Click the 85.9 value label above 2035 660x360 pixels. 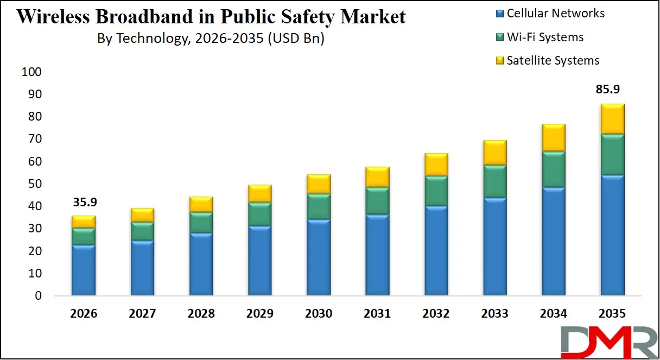point(612,89)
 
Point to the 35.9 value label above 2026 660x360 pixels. point(84,202)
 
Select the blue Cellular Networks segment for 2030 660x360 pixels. point(319,257)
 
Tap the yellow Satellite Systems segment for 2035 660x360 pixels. point(612,118)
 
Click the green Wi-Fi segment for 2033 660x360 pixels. point(494,181)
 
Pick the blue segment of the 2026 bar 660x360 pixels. point(84,270)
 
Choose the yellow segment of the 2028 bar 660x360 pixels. point(201,204)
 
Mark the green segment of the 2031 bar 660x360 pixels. point(377,200)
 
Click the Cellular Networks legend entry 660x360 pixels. point(549,14)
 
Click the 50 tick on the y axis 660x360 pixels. point(35,184)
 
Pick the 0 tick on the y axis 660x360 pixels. point(38,296)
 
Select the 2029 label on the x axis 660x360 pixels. point(259,313)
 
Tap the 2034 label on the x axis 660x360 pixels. point(553,313)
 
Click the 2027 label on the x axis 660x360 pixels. point(142,313)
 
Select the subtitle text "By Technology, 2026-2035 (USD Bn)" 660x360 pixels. point(211,39)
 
